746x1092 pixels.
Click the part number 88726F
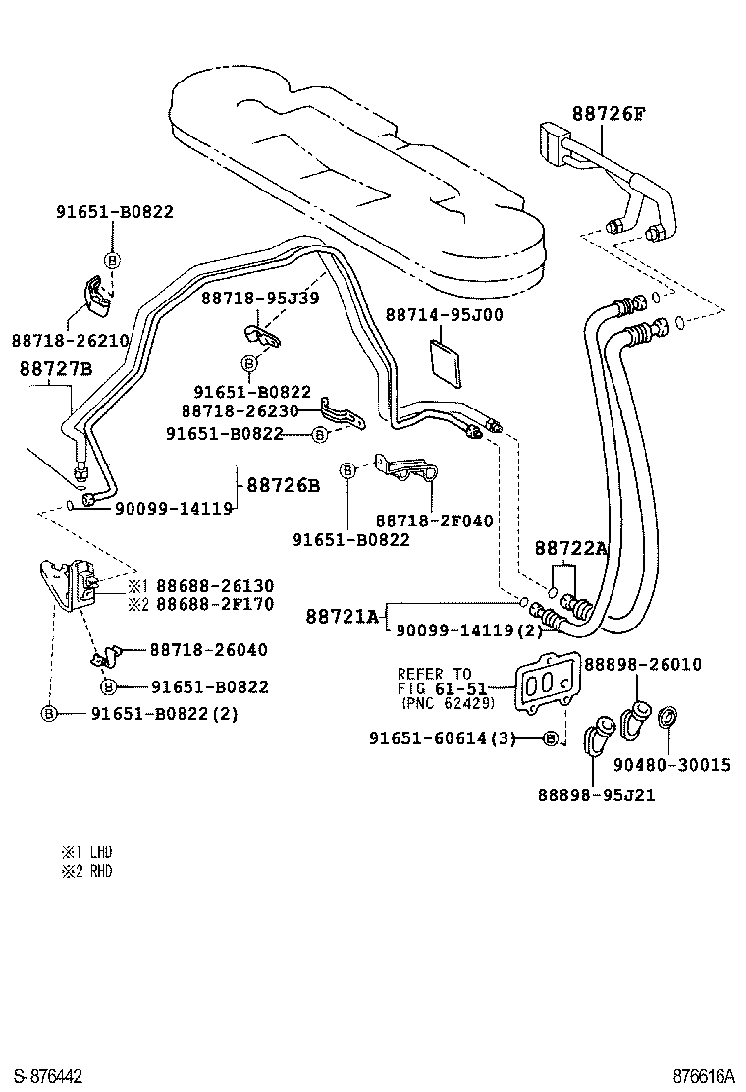point(609,114)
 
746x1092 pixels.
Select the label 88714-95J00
point(444,315)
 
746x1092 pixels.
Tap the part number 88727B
point(56,369)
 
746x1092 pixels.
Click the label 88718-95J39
point(260,298)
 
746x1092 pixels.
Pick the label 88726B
point(283,485)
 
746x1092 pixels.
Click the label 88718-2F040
point(434,520)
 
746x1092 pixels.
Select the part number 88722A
point(570,550)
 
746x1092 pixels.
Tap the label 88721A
point(342,616)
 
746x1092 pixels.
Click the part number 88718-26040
point(209,650)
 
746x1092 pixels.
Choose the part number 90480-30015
point(672,764)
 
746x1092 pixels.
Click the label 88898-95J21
point(595,794)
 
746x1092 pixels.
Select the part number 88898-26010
point(643,665)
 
